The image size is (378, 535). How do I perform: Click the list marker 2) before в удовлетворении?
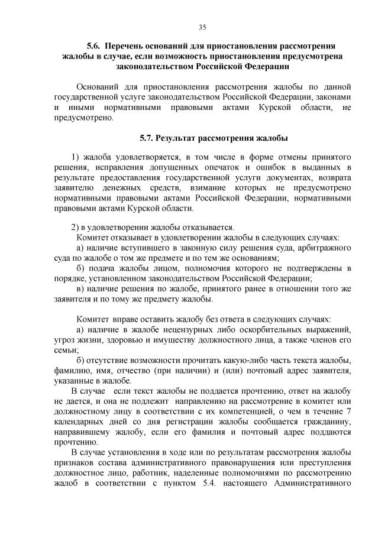[75, 228]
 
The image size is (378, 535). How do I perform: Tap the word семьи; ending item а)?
[66, 349]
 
